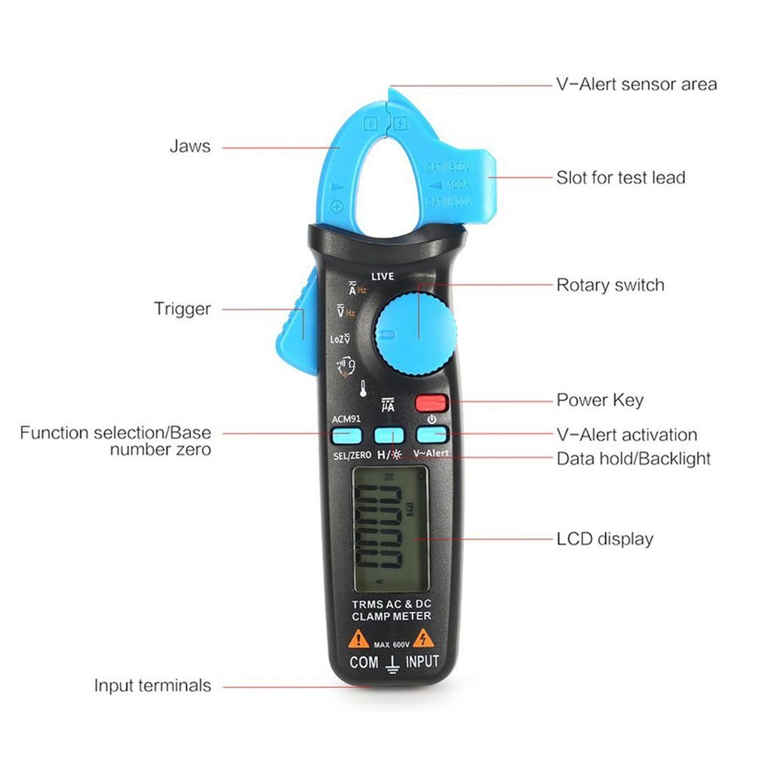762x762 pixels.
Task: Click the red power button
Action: [x=432, y=402]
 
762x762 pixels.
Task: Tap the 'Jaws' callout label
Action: [x=189, y=146]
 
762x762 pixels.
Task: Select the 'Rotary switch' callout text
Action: [x=610, y=285]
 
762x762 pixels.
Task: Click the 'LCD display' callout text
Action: [x=604, y=539]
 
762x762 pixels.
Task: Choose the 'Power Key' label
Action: [x=600, y=400]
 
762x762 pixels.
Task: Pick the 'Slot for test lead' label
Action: [x=620, y=178]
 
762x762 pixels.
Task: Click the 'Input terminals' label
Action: [x=152, y=686]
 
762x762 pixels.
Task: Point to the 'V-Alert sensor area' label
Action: [x=636, y=84]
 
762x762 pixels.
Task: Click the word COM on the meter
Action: [x=364, y=663]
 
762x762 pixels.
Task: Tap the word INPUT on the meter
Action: [x=422, y=662]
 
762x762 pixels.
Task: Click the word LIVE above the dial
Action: [x=383, y=278]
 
